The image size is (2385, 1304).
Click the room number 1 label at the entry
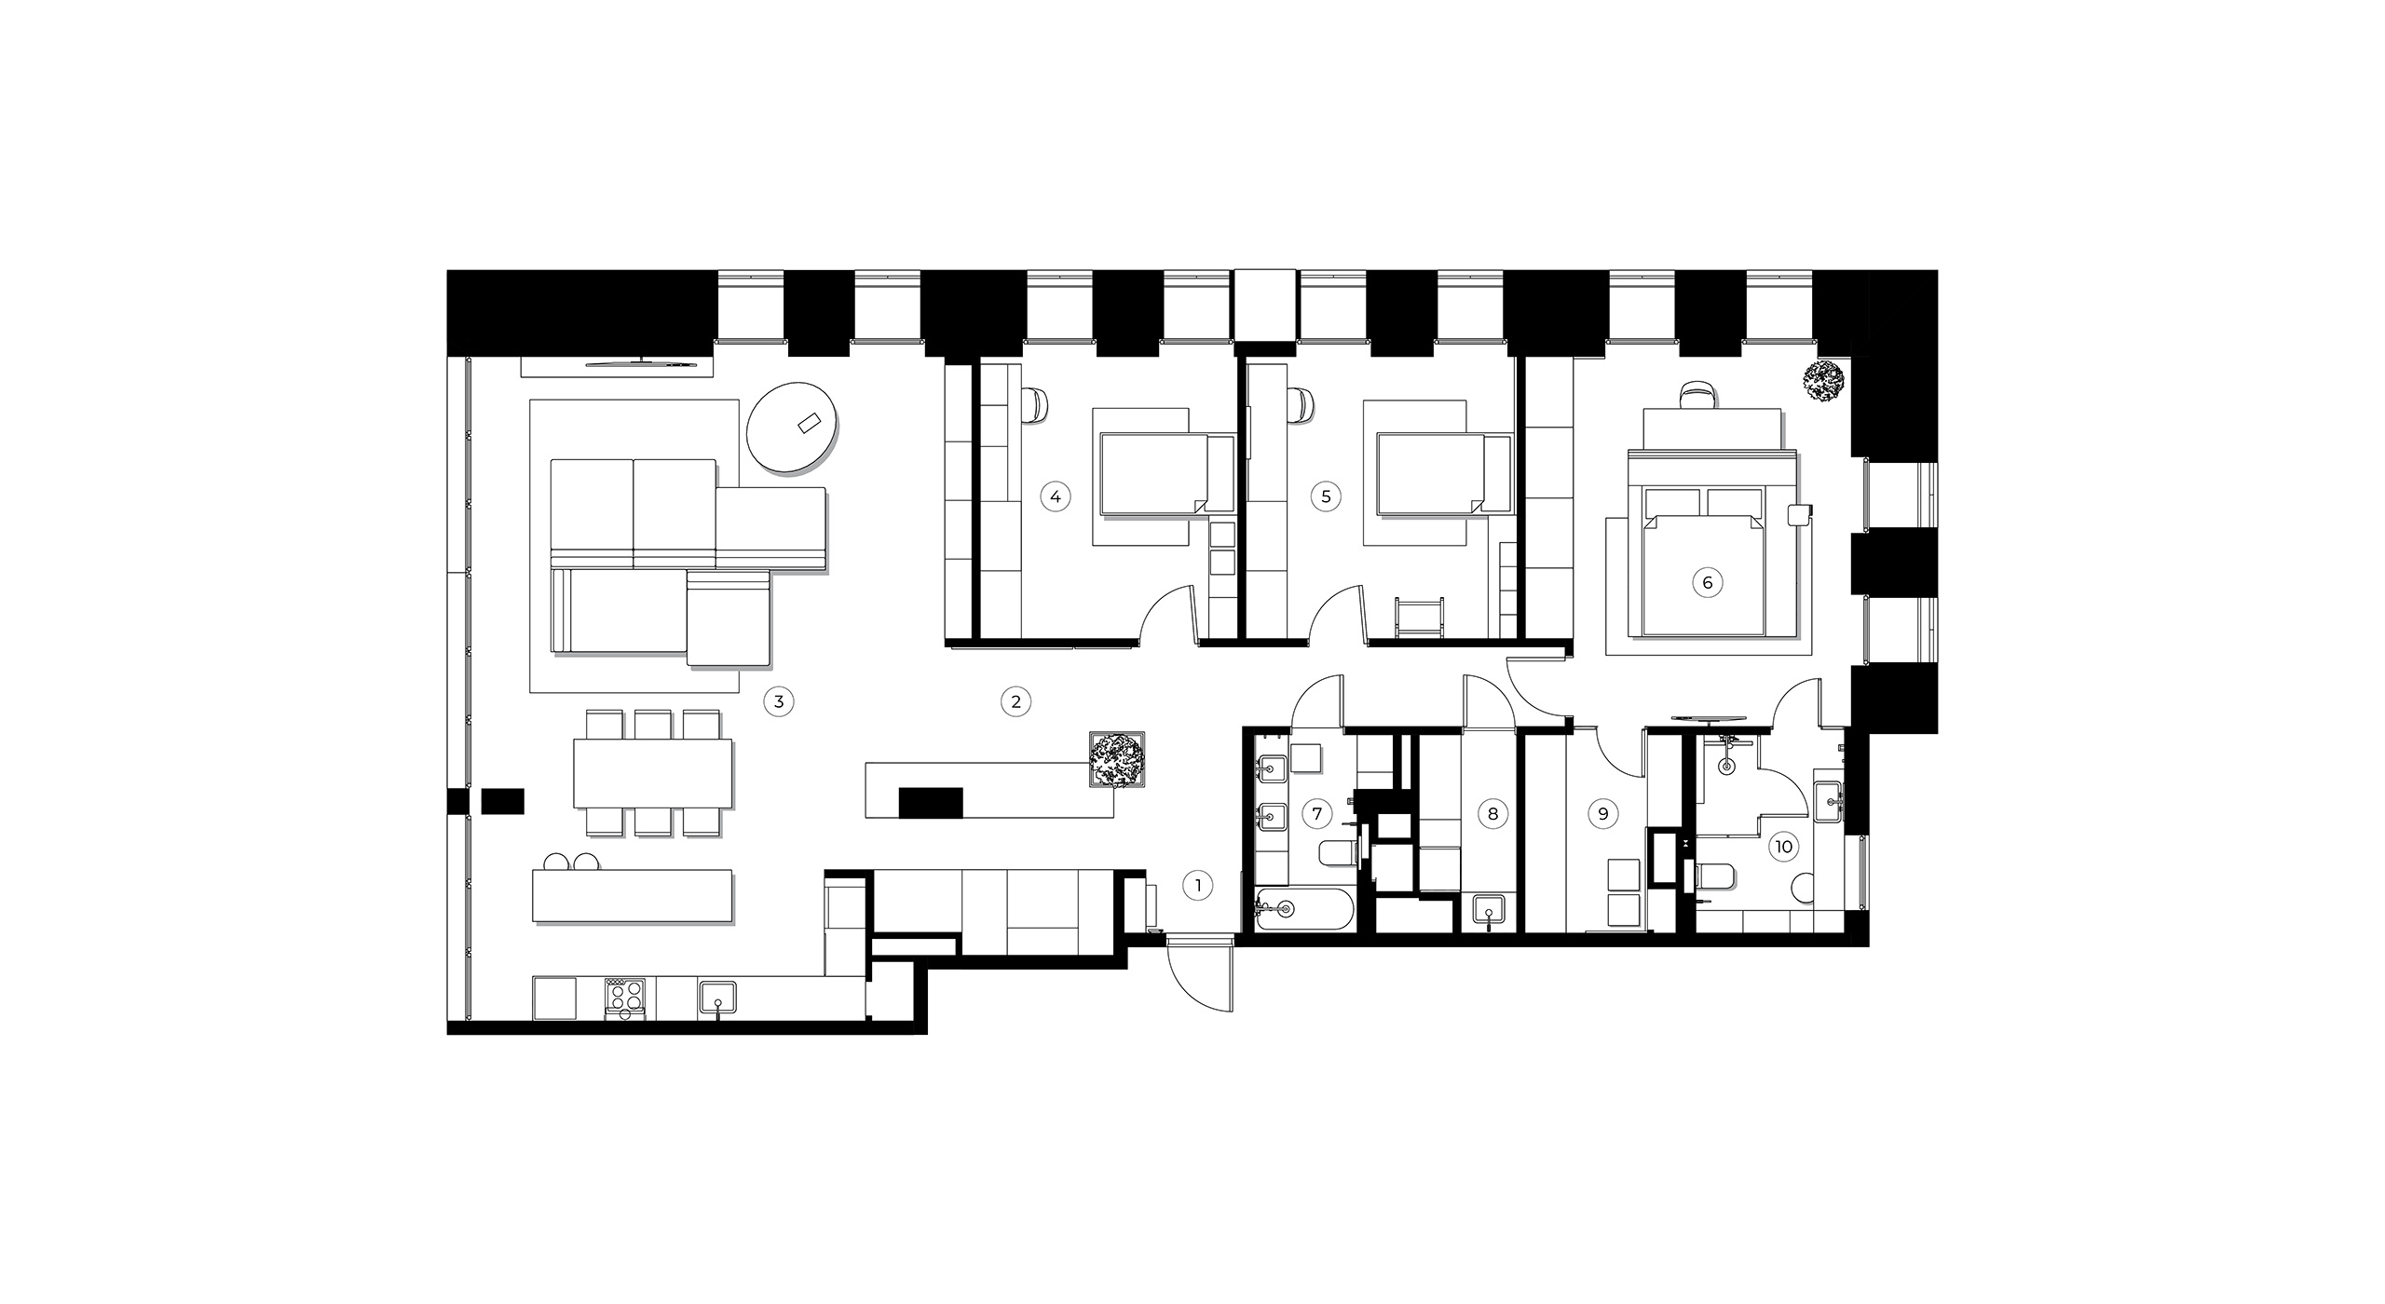tap(1198, 886)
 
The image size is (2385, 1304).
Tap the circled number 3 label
tap(779, 701)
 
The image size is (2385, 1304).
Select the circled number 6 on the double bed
tap(1707, 583)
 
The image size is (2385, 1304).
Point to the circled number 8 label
tap(1492, 814)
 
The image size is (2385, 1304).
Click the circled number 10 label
tap(1784, 847)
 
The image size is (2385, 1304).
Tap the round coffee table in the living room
tap(793, 429)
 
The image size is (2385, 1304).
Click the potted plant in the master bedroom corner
tap(1824, 381)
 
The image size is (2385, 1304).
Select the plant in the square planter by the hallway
tap(1115, 761)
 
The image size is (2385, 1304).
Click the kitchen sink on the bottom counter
tap(717, 998)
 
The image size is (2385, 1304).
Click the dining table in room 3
tap(653, 773)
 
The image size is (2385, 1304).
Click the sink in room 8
tap(1489, 910)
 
